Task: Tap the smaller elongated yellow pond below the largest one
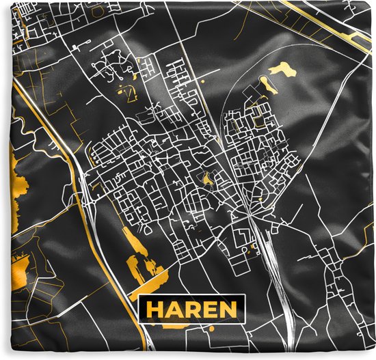pos(267,86)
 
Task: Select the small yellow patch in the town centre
pos(206,179)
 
